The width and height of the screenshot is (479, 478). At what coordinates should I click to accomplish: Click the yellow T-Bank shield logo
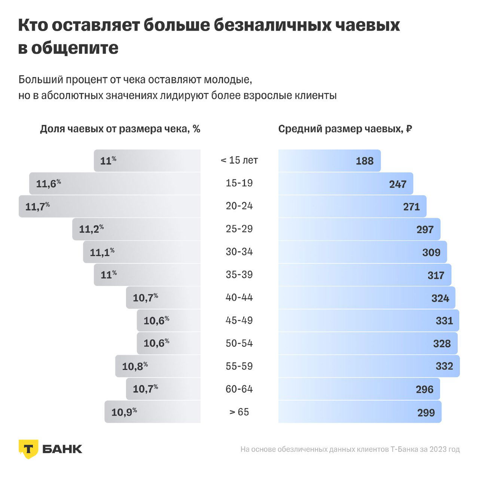pos(28,448)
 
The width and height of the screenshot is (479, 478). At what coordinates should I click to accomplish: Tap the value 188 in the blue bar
pos(364,161)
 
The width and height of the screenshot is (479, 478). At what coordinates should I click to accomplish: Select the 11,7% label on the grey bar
pos(37,206)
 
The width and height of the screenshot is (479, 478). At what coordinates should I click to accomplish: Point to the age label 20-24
pos(239,206)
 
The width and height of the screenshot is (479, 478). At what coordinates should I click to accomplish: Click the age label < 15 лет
pos(239,160)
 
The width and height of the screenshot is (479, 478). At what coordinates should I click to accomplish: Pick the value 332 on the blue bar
pos(444,366)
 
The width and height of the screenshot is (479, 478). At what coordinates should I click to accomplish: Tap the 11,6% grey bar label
pos(48,184)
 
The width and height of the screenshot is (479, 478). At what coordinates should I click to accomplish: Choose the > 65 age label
pos(239,412)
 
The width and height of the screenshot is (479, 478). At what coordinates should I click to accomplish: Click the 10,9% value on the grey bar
pos(124,412)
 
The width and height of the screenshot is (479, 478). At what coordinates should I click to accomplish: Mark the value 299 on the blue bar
pos(426,413)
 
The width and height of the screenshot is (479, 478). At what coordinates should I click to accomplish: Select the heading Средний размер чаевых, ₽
pos(345,129)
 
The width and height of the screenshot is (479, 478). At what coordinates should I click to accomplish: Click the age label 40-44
pos(239,297)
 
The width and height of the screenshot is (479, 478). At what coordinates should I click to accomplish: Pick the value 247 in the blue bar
pos(397,184)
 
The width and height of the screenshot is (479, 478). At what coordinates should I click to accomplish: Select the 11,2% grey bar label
pos(91,229)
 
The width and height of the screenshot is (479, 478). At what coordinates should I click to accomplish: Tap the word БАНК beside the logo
pos(62,449)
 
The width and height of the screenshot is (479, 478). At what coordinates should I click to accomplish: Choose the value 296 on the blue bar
pos(424,389)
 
